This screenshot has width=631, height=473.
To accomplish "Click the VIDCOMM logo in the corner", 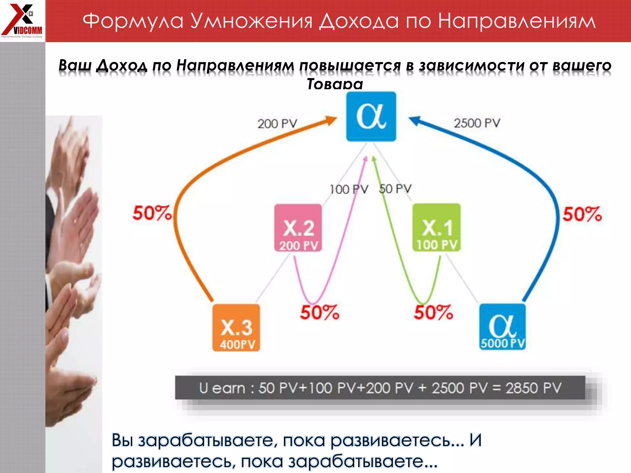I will [x=22, y=20].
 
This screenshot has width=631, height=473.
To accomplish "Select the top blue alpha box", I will [x=371, y=116].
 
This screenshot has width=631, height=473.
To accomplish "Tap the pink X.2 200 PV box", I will [x=298, y=228].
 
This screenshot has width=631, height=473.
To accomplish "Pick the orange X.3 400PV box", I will [x=236, y=328].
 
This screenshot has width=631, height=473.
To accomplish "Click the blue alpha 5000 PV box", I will [x=503, y=327].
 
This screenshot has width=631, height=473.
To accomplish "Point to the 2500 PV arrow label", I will [x=477, y=123].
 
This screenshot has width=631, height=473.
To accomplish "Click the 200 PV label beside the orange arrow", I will [x=277, y=124].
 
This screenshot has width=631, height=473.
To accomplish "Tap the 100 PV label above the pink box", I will [x=349, y=189].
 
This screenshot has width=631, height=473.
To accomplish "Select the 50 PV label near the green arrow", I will [x=395, y=189].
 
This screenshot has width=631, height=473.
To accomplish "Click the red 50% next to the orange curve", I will [x=152, y=213].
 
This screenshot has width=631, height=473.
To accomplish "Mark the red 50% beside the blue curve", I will [x=582, y=214].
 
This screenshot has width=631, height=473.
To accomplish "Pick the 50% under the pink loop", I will [x=320, y=312].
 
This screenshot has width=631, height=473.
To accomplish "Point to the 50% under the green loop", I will [x=433, y=312].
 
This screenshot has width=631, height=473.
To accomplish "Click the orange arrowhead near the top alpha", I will [x=332, y=120].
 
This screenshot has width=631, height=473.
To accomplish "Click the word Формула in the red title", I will [x=133, y=21].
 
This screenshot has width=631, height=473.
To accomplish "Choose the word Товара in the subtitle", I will [x=335, y=84].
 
